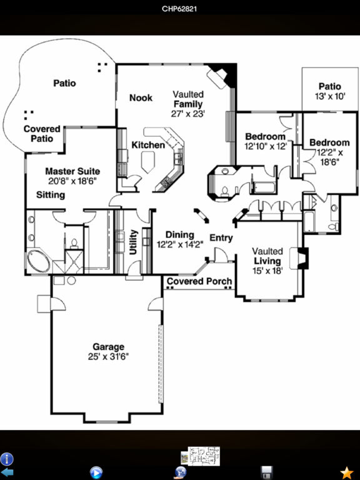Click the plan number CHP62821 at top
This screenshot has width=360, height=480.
pyautogui.click(x=179, y=9)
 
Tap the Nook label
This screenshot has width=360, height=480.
pyautogui.click(x=141, y=97)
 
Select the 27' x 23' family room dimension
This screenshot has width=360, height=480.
pyautogui.click(x=187, y=114)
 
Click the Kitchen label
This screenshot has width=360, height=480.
pyautogui.click(x=148, y=145)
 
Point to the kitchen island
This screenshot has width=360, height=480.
pyautogui.click(x=149, y=162)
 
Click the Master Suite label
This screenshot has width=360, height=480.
pyautogui.click(x=72, y=171)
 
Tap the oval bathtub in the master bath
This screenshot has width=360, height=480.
pyautogui.click(x=39, y=261)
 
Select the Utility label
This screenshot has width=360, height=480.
pyautogui.click(x=133, y=242)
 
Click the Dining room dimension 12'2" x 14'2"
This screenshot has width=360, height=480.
pyautogui.click(x=180, y=244)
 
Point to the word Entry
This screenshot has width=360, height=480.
pyautogui.click(x=221, y=238)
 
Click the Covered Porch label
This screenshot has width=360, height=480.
pyautogui.click(x=199, y=281)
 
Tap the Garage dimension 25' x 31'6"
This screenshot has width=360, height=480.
pyautogui.click(x=108, y=357)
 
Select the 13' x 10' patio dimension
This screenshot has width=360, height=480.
pyautogui.click(x=330, y=96)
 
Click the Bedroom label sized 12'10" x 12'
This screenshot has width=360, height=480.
pyautogui.click(x=265, y=136)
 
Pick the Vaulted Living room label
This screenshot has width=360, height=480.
pyautogui.click(x=267, y=256)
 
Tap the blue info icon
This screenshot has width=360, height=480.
pyautogui.click(x=6, y=459)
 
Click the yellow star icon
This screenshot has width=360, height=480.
pyautogui.click(x=347, y=472)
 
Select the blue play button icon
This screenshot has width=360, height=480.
pyautogui.click(x=96, y=472)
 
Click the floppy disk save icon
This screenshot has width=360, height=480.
pyautogui.click(x=266, y=472)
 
